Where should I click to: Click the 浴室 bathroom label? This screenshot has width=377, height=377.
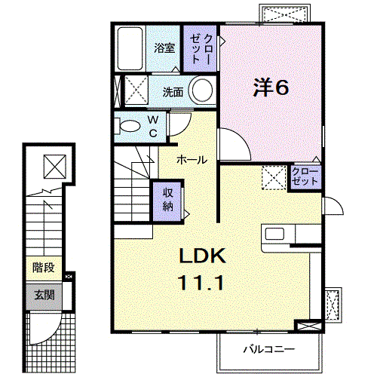coord(164,48)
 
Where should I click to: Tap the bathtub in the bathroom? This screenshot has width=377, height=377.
coord(130,48)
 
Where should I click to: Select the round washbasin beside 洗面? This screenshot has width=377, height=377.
coord(202,90)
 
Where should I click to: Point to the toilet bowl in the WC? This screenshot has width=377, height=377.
coord(130,126)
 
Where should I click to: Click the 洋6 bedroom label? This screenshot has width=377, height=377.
coord(271,87)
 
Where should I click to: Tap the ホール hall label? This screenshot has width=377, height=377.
coord(192,160)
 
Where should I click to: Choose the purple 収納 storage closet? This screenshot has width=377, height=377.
coord(167,201)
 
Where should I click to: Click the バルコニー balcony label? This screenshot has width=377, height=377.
coord(269,349)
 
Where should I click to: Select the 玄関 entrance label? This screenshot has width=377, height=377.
coord(44,295)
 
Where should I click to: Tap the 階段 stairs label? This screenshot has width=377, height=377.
coord(44,268)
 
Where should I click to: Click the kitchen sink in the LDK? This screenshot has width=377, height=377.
coord(274,234)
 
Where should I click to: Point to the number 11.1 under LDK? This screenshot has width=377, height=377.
coord(201,283)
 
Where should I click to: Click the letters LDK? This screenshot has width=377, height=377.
coord(202,256)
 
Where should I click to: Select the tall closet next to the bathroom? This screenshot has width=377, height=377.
coord(200,48)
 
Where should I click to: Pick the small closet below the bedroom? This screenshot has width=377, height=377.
coord(305,176)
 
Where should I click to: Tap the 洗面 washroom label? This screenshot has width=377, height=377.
coord(173,92)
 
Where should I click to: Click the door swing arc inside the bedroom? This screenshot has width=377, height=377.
coord(241,139)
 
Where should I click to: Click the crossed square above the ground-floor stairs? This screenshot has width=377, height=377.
coord(55,167)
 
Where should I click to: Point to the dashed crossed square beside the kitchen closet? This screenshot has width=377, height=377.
coord(274,178)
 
